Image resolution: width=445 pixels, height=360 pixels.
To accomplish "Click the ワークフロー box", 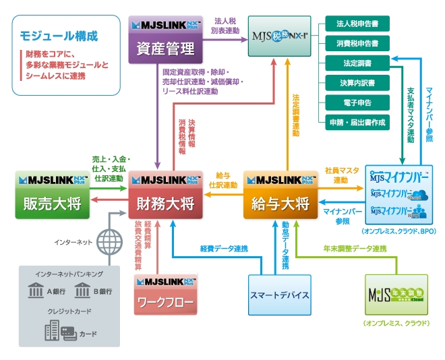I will (x=165, y=294).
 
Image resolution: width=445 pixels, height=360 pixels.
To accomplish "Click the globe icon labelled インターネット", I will (x=108, y=241).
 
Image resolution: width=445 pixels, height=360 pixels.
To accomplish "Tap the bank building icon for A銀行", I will (x=36, y=291).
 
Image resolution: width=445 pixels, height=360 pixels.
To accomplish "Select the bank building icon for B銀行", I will (x=82, y=291).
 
